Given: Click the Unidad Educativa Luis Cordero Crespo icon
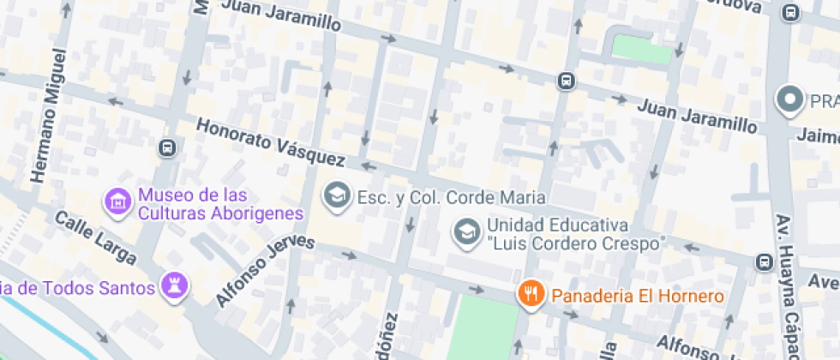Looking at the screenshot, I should [466, 231].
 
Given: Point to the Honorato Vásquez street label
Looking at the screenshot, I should [270, 142].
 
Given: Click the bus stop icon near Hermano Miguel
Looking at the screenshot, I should [167, 147].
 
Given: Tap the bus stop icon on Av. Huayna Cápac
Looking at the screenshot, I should [763, 261].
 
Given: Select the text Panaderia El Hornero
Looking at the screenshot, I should [638, 297].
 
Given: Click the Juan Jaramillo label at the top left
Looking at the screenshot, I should [280, 16].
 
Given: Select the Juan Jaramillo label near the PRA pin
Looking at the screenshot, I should [698, 117].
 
